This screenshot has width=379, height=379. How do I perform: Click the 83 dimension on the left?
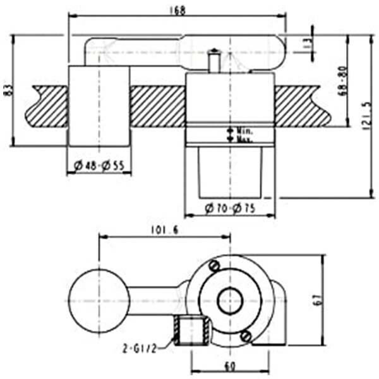coord(8,91)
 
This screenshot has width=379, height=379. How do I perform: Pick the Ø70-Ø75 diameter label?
coord(230,209)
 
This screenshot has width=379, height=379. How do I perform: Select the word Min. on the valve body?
coord(244,131)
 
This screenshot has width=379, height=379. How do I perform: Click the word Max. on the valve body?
coord(244,138)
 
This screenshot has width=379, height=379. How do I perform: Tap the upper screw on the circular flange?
coord(215,266)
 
